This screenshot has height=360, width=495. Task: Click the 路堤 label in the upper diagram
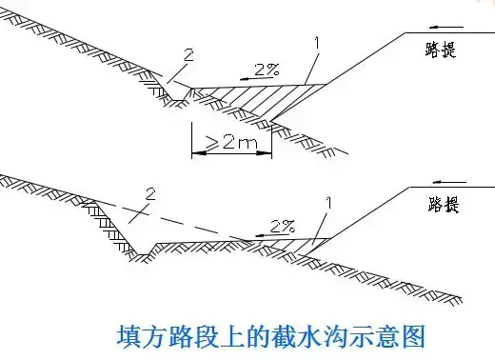pos(441,50)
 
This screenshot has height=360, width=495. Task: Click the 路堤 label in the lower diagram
pos(444,204)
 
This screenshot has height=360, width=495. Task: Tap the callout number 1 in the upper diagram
pos(316,43)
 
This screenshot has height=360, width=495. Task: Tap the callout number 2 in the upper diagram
pos(188,55)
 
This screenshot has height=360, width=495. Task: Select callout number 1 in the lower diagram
pos(329,203)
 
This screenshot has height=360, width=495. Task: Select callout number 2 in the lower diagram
pos(150,193)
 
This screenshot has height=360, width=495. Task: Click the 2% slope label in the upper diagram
pos(267,70)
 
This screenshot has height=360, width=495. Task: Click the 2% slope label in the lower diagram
pos(283,226)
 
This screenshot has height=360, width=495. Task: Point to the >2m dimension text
pos(231,143)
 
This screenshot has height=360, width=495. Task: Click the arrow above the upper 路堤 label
pos(446,28)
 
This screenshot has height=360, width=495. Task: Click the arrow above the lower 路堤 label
pos(449,182)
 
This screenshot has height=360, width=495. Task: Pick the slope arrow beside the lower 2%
pos(271,235)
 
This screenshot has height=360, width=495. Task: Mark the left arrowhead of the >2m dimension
pos(198,153)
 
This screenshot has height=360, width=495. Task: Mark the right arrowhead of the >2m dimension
pos(265,153)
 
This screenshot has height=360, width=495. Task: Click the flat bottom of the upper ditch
pos(178,101)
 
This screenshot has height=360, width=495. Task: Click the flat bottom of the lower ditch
pos(143,254)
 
